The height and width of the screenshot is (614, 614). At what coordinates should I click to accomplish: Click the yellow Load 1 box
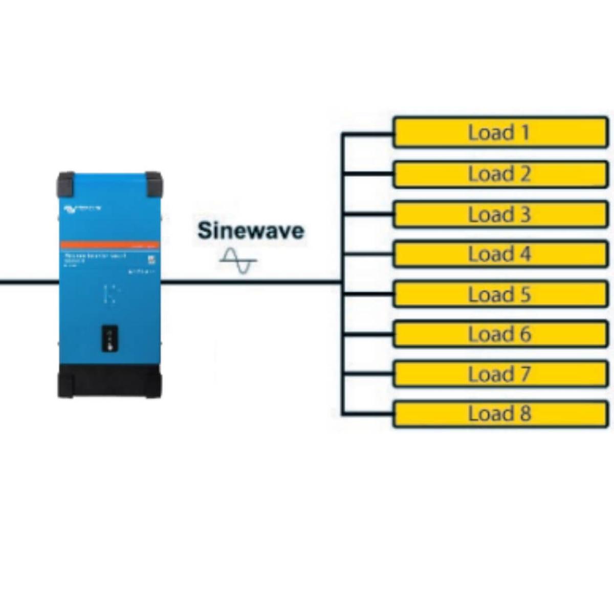(x=500, y=133)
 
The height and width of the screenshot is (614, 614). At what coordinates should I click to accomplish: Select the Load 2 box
(x=500, y=174)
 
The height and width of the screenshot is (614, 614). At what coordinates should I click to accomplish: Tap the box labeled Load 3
(x=500, y=214)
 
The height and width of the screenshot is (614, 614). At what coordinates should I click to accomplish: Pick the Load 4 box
(x=500, y=254)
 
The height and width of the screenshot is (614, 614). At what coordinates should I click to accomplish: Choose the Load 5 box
(x=500, y=294)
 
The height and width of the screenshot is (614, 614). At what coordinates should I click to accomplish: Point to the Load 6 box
(x=500, y=334)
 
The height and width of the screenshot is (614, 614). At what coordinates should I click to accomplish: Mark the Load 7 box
(x=500, y=374)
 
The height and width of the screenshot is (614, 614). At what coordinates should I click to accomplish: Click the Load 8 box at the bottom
(x=500, y=414)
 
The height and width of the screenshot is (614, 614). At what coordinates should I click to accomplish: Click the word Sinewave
(x=251, y=230)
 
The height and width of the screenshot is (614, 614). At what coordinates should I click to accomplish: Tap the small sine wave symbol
(x=238, y=260)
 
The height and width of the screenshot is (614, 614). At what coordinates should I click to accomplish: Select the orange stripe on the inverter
(x=109, y=245)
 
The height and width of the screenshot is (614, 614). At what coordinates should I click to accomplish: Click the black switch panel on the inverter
(x=109, y=338)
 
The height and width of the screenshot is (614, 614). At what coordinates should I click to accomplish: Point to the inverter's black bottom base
(x=109, y=381)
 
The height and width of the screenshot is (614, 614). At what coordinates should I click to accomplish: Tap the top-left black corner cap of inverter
(x=66, y=184)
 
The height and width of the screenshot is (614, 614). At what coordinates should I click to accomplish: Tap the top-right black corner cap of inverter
(x=153, y=184)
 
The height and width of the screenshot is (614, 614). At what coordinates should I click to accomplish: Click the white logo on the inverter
(x=82, y=208)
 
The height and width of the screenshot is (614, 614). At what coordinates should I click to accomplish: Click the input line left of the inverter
(x=28, y=281)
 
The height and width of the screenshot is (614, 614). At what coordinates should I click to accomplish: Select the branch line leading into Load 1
(x=368, y=134)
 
